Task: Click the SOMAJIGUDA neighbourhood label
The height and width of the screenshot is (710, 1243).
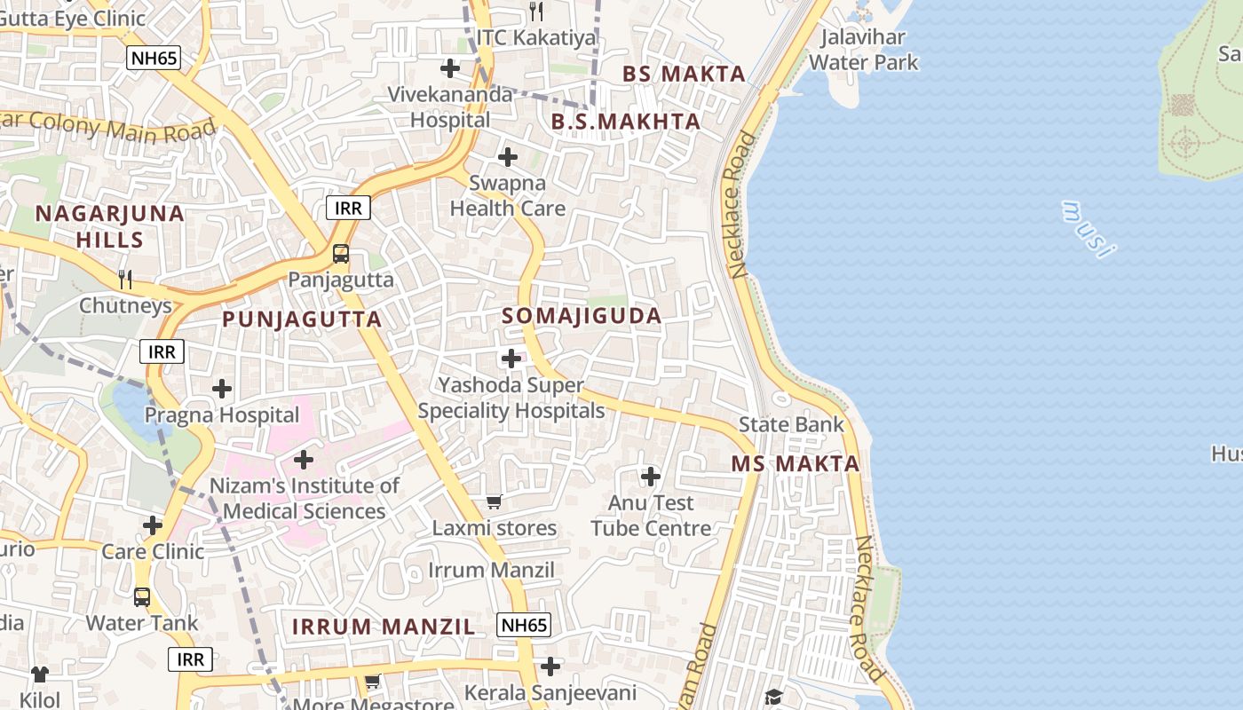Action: click(582, 316)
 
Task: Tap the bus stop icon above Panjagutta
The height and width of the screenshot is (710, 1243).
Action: click(340, 255)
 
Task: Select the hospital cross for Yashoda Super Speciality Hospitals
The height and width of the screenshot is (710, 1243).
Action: click(511, 359)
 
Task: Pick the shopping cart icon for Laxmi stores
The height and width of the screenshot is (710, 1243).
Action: click(495, 502)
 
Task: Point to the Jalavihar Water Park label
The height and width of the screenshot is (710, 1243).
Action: click(863, 50)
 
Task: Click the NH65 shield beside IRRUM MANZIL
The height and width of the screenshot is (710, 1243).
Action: click(523, 625)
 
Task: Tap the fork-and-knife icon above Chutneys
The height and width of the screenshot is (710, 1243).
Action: click(125, 280)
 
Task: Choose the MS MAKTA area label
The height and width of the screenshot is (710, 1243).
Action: click(796, 463)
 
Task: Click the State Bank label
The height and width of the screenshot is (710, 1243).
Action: click(791, 424)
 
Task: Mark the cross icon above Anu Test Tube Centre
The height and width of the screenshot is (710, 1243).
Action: click(651, 477)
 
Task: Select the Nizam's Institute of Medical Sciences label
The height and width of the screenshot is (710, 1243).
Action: click(304, 498)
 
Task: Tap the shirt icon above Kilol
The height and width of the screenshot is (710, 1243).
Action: click(40, 674)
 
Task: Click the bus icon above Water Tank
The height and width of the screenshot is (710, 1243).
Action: click(142, 596)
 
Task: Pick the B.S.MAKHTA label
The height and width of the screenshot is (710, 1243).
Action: click(626, 122)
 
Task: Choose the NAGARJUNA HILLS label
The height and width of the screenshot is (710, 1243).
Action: click(110, 226)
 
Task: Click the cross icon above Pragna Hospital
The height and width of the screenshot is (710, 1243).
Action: click(222, 389)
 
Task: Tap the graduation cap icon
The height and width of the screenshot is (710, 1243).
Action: click(773, 696)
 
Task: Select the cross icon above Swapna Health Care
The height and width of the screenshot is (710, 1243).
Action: click(508, 157)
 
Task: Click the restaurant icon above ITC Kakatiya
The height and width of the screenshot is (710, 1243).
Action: click(535, 12)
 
